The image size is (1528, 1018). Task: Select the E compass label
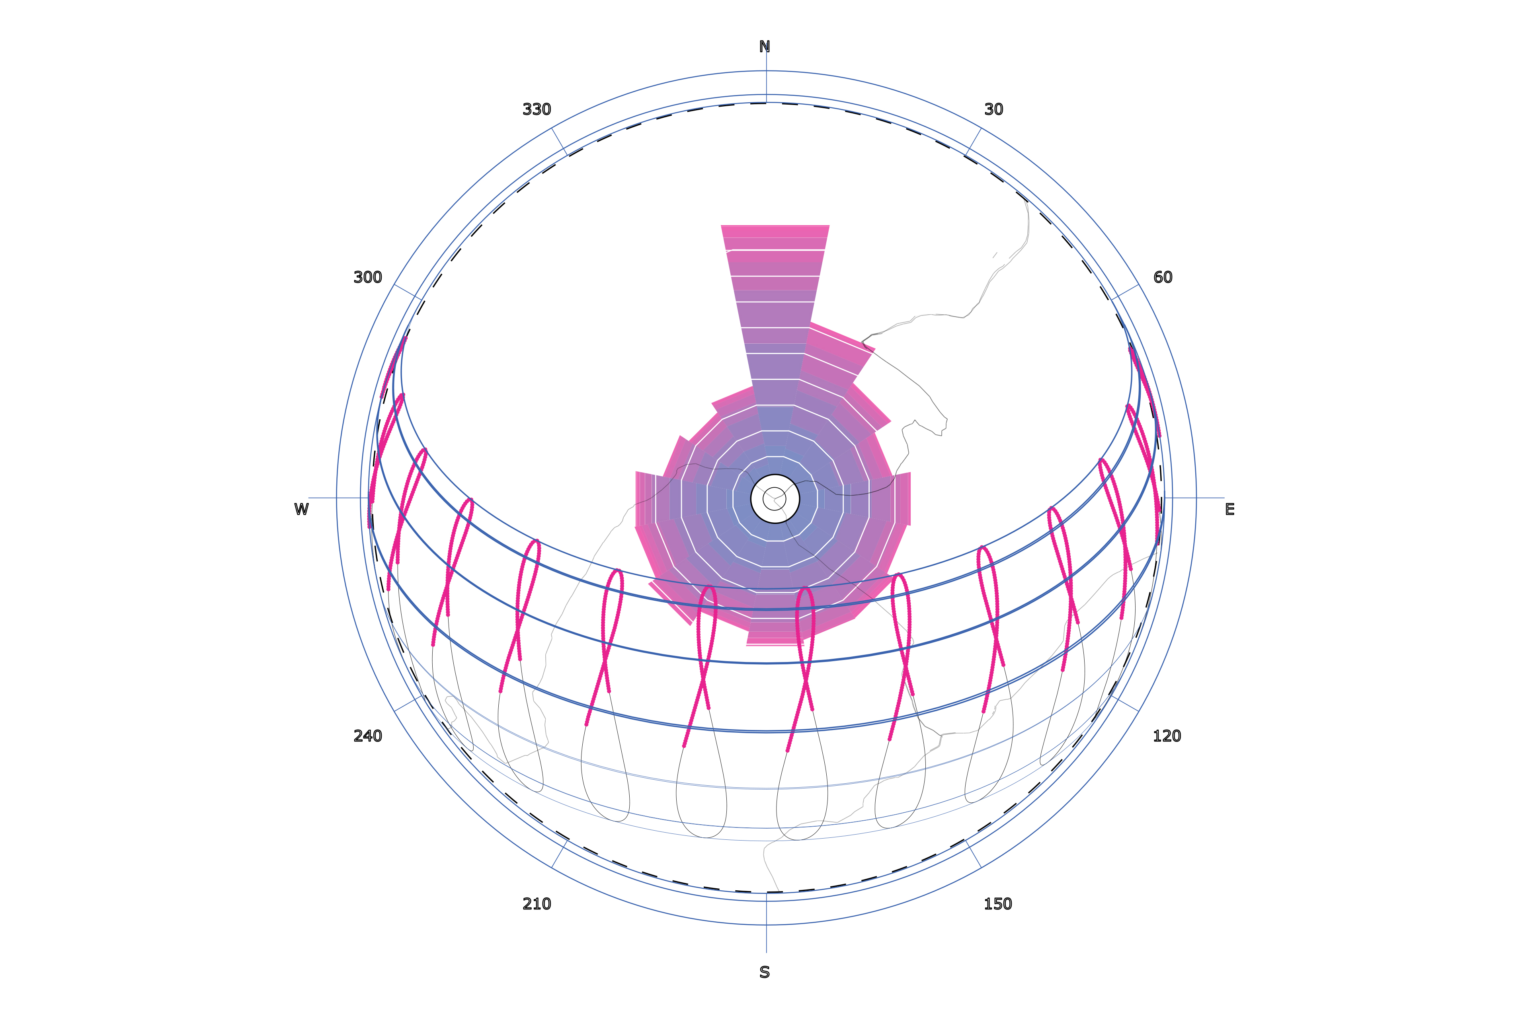click(x=1229, y=510)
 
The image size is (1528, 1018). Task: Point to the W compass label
click(x=301, y=510)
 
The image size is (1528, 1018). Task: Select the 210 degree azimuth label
click(x=537, y=904)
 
